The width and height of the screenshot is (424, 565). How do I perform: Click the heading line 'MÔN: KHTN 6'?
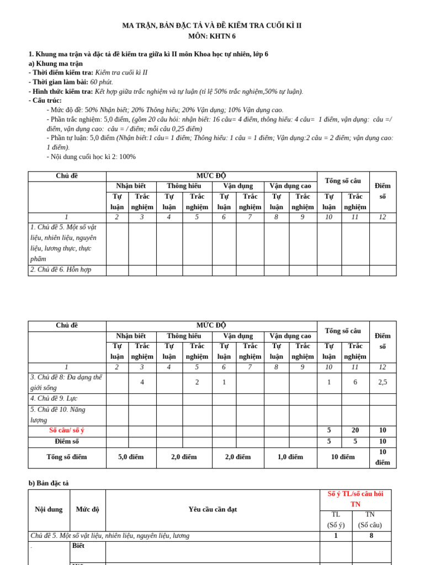pos(212,36)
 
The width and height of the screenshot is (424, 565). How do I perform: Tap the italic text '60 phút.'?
pos(102,82)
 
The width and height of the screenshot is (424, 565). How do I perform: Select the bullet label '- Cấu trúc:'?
pos(45,100)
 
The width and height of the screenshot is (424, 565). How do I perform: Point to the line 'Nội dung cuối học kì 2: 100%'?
pos(93,157)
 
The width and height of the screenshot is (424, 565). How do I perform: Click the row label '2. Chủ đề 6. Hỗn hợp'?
pos(61,270)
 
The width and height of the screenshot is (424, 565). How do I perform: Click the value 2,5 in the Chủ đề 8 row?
pos(382,382)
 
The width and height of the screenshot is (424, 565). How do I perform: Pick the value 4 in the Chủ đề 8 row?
pos(142,382)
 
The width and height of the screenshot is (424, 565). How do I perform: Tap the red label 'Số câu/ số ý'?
pos(67,430)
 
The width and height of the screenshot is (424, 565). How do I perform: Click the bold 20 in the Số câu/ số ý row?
pos(355,430)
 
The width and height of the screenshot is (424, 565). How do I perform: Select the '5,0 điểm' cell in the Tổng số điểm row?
pos(131,457)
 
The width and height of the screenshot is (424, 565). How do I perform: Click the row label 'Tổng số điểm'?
pos(67,457)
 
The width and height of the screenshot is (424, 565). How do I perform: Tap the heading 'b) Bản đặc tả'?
pos(49,483)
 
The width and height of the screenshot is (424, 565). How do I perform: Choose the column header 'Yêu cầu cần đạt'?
pos(213,509)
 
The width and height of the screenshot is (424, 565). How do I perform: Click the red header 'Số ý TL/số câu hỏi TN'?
pos(355,499)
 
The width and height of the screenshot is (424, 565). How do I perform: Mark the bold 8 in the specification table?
pos(371,535)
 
